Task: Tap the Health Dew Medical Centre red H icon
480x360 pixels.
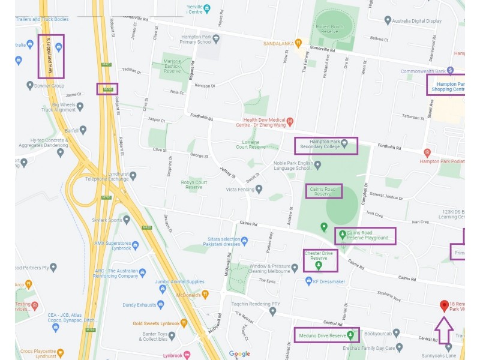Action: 290,122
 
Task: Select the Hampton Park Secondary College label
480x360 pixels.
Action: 324,145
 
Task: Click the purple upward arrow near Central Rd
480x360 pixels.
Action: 443,330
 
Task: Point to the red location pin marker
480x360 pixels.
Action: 444,306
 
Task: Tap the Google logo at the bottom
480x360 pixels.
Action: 239,354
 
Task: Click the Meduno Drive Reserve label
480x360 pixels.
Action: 322,335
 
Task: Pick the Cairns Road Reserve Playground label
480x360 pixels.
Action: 367,235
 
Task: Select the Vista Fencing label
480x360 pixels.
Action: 240,190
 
